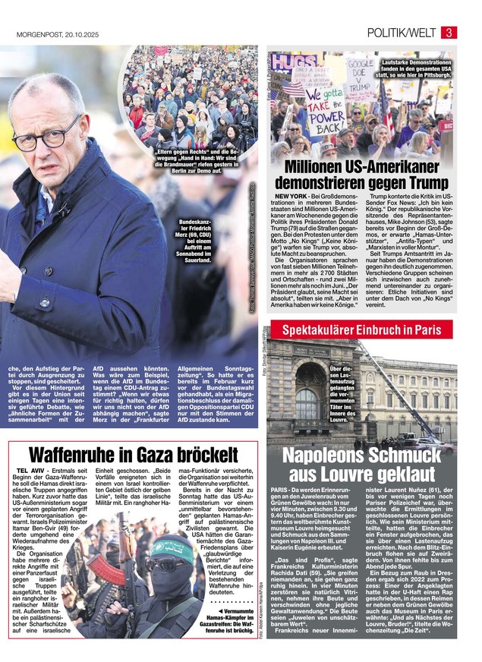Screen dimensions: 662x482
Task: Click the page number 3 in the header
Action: (449, 32)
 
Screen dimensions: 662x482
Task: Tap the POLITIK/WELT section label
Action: (401, 33)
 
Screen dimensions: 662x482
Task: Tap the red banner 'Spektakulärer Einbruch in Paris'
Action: (362, 330)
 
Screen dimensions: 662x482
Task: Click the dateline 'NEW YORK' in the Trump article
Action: (287, 197)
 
